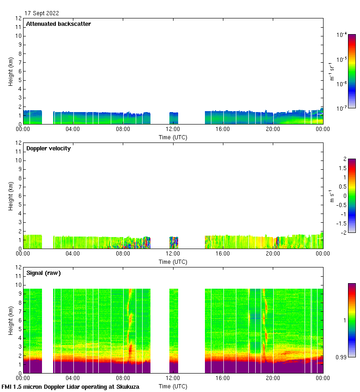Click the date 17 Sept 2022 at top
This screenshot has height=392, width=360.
[x=42, y=13]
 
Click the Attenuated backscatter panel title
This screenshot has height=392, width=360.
[x=58, y=24]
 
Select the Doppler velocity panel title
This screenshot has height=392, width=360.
[x=48, y=148]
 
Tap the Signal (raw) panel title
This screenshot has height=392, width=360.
[x=43, y=273]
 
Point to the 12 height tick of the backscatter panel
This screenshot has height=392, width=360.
[x=19, y=18]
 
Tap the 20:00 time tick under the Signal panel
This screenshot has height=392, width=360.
[x=273, y=378]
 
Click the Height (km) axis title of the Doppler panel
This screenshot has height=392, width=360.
[x=11, y=196]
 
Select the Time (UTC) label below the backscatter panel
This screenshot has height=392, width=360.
[x=173, y=137]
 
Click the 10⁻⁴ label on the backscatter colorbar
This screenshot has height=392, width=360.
[x=342, y=35]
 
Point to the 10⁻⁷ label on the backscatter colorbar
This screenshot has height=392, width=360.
[x=342, y=108]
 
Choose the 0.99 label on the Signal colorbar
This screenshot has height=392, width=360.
[x=341, y=357]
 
